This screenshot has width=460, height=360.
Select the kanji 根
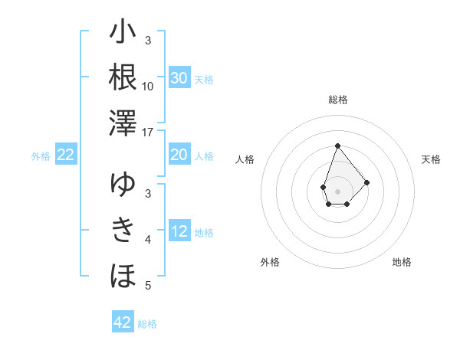point(123,77)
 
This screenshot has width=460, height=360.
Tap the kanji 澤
point(123,123)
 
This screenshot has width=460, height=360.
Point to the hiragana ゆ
point(123,184)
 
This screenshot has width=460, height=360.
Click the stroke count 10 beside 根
point(148,86)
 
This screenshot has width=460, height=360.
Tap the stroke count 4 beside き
point(148,240)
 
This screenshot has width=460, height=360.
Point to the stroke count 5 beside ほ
point(148,286)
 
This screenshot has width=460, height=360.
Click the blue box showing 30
point(179,78)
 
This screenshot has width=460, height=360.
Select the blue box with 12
point(179,232)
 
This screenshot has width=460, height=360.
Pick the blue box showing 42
point(123,322)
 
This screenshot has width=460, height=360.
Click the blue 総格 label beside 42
point(147,324)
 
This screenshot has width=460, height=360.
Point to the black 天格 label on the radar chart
point(431,159)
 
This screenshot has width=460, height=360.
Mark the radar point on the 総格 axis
point(337,146)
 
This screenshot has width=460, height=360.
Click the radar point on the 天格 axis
point(367,182)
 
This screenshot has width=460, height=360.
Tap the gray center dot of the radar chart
point(337,191)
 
